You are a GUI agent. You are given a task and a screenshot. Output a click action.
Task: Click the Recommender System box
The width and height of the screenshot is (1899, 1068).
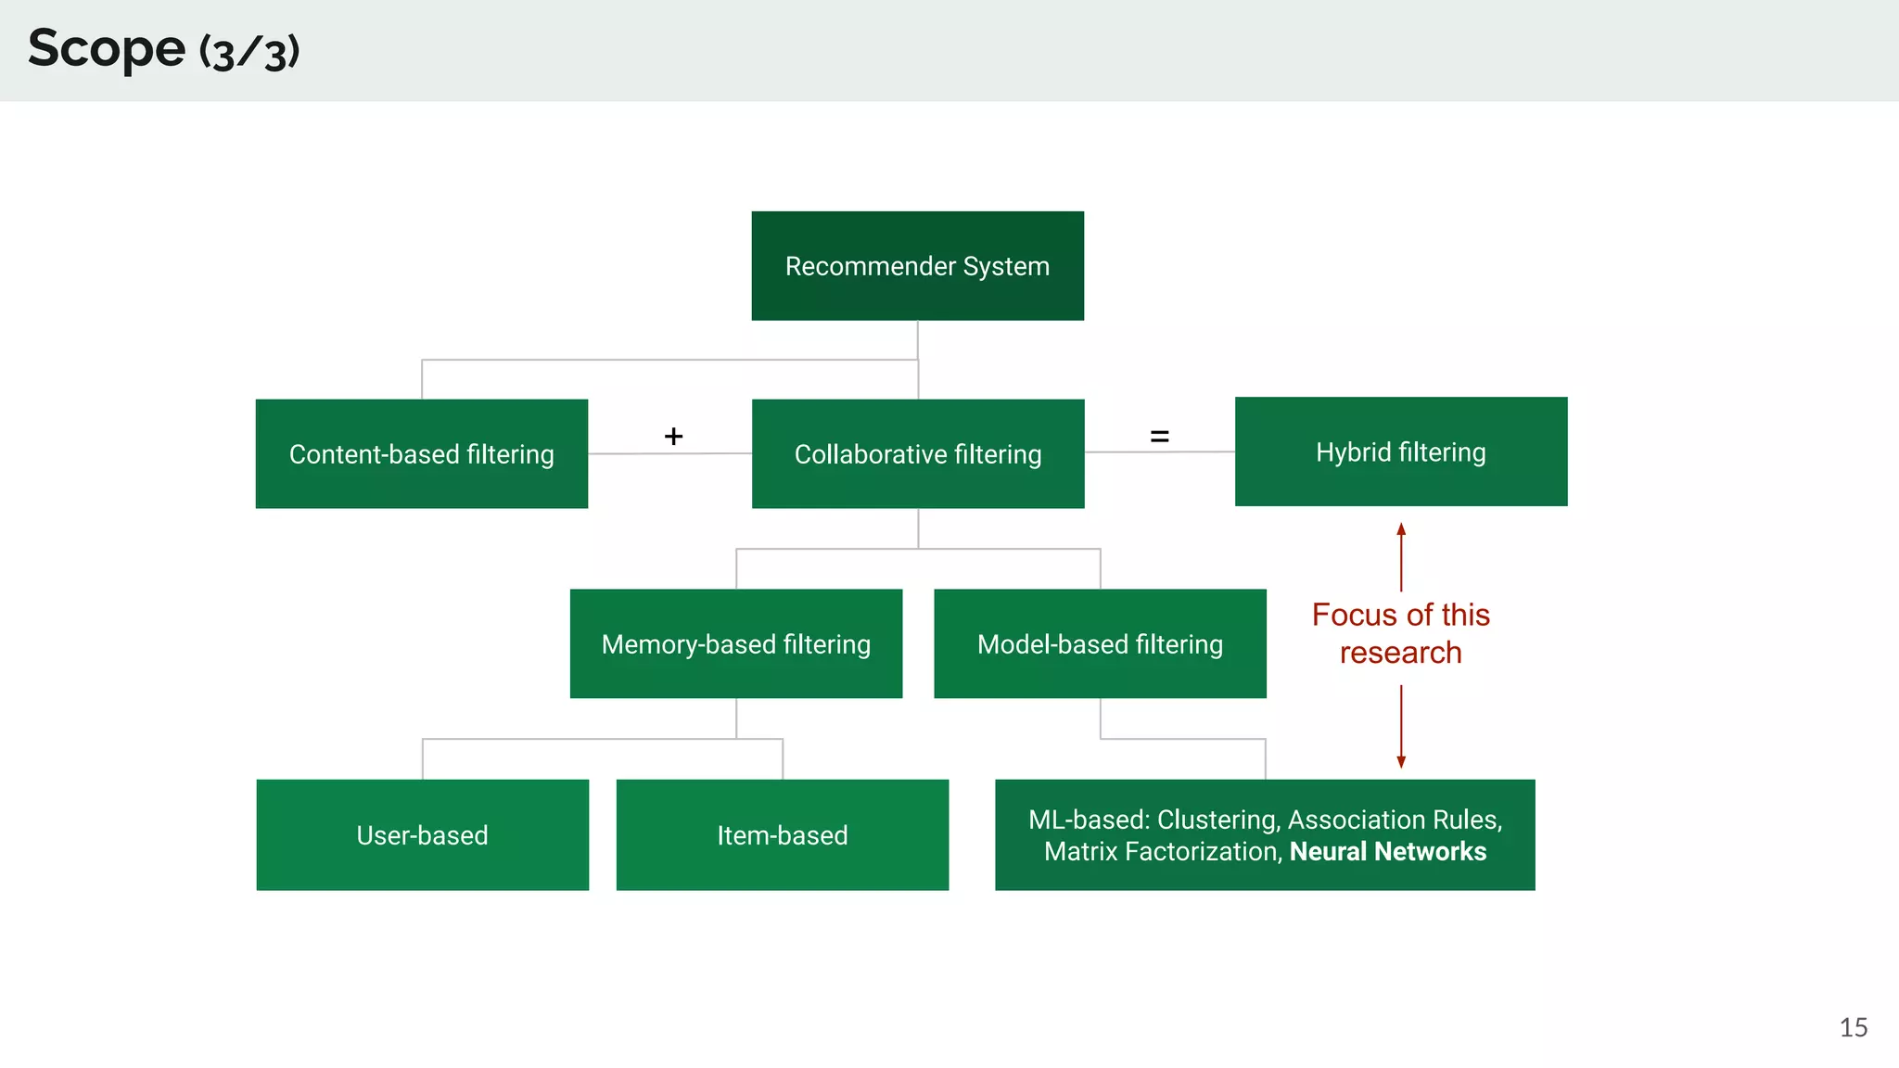click(917, 266)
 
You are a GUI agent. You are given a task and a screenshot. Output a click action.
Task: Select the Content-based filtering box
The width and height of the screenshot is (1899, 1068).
click(421, 454)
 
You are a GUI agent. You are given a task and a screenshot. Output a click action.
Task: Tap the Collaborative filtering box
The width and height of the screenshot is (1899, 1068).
click(917, 454)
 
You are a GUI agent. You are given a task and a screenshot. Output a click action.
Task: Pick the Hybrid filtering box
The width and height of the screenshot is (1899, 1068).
click(1400, 452)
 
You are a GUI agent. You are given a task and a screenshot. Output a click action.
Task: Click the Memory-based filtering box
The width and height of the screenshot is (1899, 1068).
click(735, 644)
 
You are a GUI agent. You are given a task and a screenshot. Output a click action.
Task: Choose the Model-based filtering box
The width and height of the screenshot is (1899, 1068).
click(1100, 644)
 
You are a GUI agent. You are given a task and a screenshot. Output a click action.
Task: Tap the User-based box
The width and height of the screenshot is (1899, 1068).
click(422, 835)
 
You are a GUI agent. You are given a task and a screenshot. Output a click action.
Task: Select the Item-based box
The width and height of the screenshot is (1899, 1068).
click(782, 835)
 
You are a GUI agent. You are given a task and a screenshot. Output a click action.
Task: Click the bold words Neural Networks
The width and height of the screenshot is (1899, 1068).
click(1387, 852)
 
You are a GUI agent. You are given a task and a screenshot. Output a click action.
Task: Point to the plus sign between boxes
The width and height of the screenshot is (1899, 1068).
click(674, 436)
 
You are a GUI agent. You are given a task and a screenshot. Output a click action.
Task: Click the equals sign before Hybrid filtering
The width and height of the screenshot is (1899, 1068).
click(1159, 436)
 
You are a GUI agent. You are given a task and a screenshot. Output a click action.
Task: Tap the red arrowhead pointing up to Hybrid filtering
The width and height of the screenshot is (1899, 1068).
click(1401, 529)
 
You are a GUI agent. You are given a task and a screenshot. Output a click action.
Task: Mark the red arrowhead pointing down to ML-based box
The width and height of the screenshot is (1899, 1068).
click(1401, 761)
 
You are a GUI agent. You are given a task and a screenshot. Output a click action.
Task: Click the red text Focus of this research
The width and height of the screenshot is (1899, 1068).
click(1400, 634)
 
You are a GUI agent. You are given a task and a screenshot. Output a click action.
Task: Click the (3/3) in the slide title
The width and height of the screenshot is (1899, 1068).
click(249, 52)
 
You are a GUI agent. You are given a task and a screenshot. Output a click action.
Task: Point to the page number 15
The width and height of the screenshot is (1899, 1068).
click(1853, 1027)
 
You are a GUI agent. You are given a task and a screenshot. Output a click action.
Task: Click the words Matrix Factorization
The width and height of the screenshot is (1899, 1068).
click(1163, 852)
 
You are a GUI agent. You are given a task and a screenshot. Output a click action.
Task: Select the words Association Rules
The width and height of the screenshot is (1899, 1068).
click(1393, 820)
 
